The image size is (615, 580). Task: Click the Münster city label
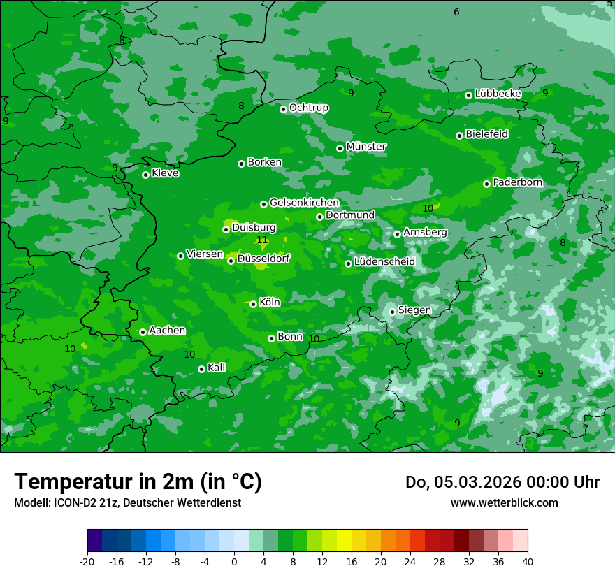[x=366, y=147]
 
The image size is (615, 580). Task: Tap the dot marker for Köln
[x=253, y=304]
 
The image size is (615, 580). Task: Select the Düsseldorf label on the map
[x=263, y=259]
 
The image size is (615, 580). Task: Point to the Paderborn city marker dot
[x=486, y=184]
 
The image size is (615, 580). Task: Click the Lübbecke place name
[x=498, y=94]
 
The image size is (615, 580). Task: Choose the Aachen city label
[x=167, y=331]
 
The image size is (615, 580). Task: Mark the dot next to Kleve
[x=145, y=175]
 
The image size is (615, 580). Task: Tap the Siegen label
[x=414, y=310]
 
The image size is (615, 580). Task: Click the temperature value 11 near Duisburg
[x=262, y=240]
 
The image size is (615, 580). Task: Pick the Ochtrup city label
[x=308, y=108]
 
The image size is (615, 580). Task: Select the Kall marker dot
[x=201, y=369]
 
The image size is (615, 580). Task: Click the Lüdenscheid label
[x=384, y=262]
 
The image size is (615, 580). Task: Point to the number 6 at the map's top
[x=456, y=12]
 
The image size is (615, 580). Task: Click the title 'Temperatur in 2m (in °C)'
[x=138, y=481]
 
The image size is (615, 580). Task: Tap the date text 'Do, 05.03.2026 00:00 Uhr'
[x=502, y=482]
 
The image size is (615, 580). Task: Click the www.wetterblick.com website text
[x=504, y=502]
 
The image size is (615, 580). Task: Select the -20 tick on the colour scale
[x=87, y=561]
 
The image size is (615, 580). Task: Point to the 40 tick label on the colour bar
[x=528, y=561]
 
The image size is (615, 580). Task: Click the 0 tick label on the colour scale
[x=234, y=561]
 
